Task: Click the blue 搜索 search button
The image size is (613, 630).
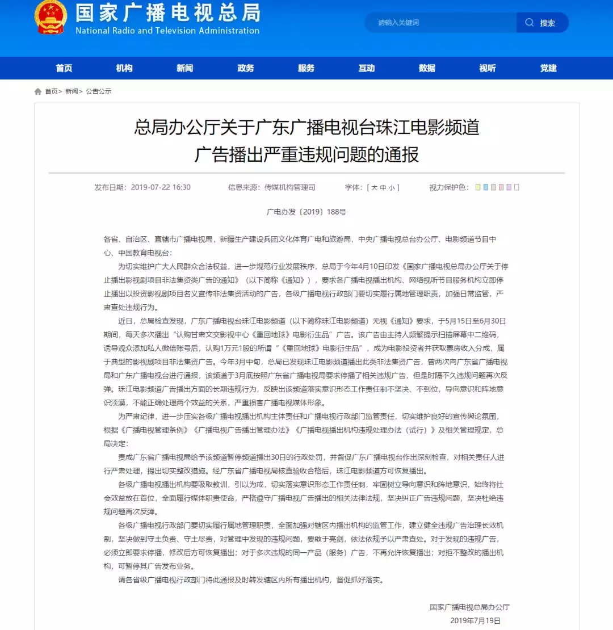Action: pyautogui.click(x=542, y=23)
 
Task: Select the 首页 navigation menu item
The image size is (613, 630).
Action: pyautogui.click(x=64, y=68)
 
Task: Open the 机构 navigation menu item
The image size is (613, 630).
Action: pyautogui.click(x=124, y=68)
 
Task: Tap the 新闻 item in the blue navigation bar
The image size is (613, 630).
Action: pyautogui.click(x=184, y=68)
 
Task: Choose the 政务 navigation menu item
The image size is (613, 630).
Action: pyautogui.click(x=246, y=68)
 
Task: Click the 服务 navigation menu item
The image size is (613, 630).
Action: pyautogui.click(x=306, y=68)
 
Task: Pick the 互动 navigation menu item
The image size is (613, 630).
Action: pyautogui.click(x=367, y=68)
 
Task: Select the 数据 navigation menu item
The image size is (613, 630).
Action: pyautogui.click(x=427, y=68)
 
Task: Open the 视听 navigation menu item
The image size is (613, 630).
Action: pyautogui.click(x=488, y=68)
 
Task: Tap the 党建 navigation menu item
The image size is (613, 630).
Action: pyautogui.click(x=548, y=68)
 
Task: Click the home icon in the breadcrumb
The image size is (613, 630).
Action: pyautogui.click(x=38, y=91)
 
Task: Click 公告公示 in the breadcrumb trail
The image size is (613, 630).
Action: pyautogui.click(x=99, y=91)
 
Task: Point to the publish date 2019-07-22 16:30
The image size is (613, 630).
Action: pyautogui.click(x=161, y=187)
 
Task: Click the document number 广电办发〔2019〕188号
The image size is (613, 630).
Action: pyautogui.click(x=306, y=212)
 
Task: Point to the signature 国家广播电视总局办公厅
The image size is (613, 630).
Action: pyautogui.click(x=470, y=607)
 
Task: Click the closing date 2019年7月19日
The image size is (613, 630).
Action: pyautogui.click(x=475, y=620)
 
